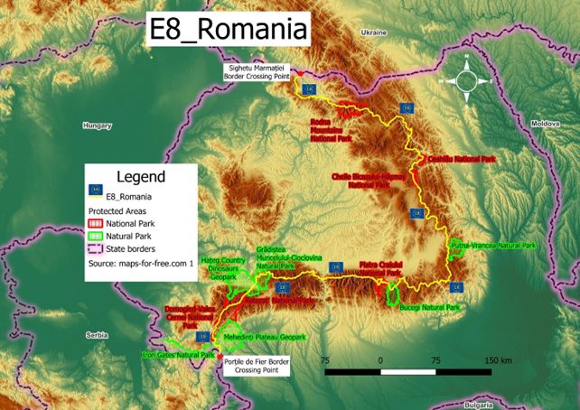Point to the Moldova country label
546,123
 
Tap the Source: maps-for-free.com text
141,264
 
